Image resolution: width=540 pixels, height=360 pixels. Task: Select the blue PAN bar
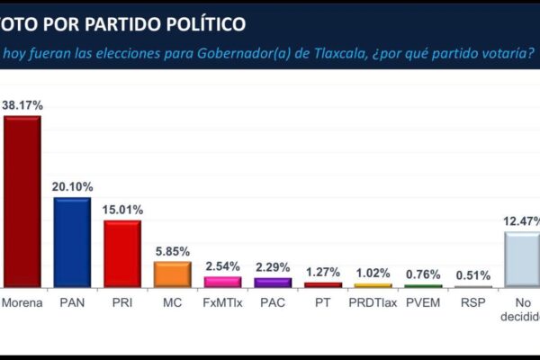coord(72,242)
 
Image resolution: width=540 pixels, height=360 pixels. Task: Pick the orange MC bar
coord(172,274)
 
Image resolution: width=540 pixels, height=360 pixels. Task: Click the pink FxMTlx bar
coord(222,282)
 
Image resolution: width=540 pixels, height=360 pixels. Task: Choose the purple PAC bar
coord(273,282)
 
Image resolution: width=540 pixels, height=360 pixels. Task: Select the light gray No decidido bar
coord(522,259)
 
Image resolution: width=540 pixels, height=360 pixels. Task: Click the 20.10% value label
coord(72,187)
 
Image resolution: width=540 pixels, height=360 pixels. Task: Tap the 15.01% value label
coord(122,210)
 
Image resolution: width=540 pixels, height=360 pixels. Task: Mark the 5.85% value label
coord(172,251)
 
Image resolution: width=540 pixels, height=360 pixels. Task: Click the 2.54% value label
coord(222,266)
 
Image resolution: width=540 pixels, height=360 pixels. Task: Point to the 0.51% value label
coord(472,275)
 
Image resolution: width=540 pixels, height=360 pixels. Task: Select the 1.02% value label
coord(373,273)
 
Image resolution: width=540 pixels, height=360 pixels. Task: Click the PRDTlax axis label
coord(373,304)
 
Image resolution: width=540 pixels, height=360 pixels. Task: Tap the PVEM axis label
coord(422,304)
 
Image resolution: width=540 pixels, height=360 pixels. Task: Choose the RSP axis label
coord(472,304)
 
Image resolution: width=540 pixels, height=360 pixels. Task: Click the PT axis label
coord(322,304)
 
